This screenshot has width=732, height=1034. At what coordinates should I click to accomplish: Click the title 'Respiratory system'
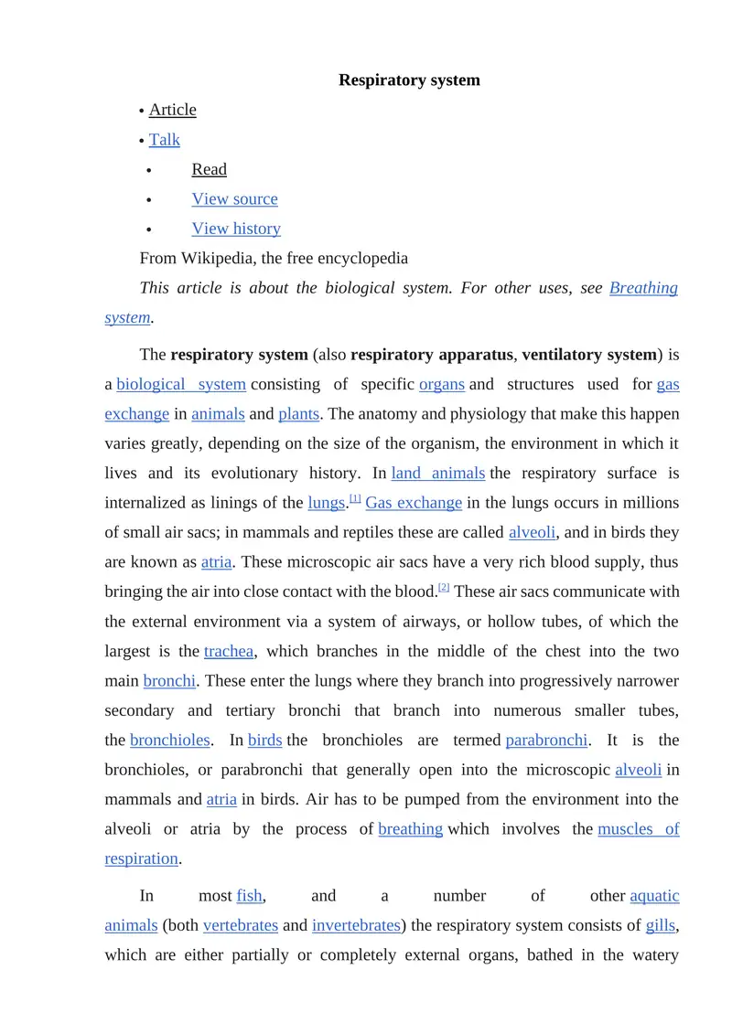pos(409,80)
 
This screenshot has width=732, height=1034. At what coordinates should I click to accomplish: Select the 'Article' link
pos(172,110)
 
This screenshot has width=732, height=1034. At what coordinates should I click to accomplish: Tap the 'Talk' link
pos(165,140)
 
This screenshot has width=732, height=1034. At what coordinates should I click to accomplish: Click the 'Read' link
pos(209,169)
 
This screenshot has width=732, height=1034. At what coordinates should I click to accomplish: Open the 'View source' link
pos(234,199)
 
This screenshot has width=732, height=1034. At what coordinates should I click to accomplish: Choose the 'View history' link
pos(236,229)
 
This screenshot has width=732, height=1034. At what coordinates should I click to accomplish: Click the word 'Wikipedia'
pos(220,259)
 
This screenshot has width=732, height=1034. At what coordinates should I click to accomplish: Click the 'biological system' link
pos(181,385)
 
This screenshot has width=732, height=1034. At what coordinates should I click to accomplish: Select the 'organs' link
pos(442,385)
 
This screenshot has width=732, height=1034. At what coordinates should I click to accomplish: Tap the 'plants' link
pos(298,414)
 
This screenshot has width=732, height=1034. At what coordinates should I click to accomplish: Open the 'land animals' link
pos(437,474)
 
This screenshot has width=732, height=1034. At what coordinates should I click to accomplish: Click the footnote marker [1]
pos(355,499)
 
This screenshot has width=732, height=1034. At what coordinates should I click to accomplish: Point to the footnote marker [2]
pos(444,588)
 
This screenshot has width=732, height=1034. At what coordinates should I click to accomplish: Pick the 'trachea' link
pos(229,652)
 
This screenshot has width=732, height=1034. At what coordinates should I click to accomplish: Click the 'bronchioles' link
pos(170,741)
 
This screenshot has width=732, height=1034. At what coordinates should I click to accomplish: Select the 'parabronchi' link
pos(546,741)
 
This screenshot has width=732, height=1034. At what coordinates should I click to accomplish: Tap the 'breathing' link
pos(411,829)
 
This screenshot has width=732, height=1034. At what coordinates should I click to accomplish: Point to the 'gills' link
pos(661,925)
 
